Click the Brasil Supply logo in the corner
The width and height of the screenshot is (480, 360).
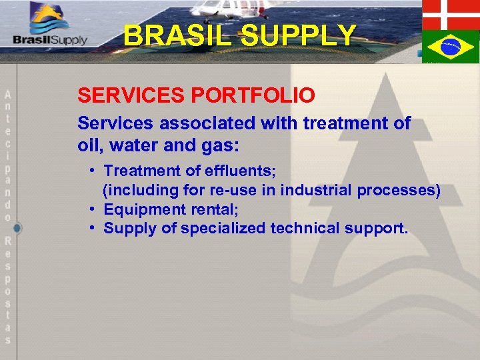pyautogui.click(x=50, y=27)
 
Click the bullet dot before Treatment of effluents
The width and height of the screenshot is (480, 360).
pyautogui.click(x=93, y=171)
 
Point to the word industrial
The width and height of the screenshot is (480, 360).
pyautogui.click(x=317, y=191)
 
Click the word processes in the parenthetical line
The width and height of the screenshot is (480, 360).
pyautogui.click(x=398, y=191)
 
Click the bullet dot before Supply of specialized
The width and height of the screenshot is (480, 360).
pyautogui.click(x=93, y=229)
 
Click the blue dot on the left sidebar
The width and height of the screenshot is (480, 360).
pyautogui.click(x=17, y=228)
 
